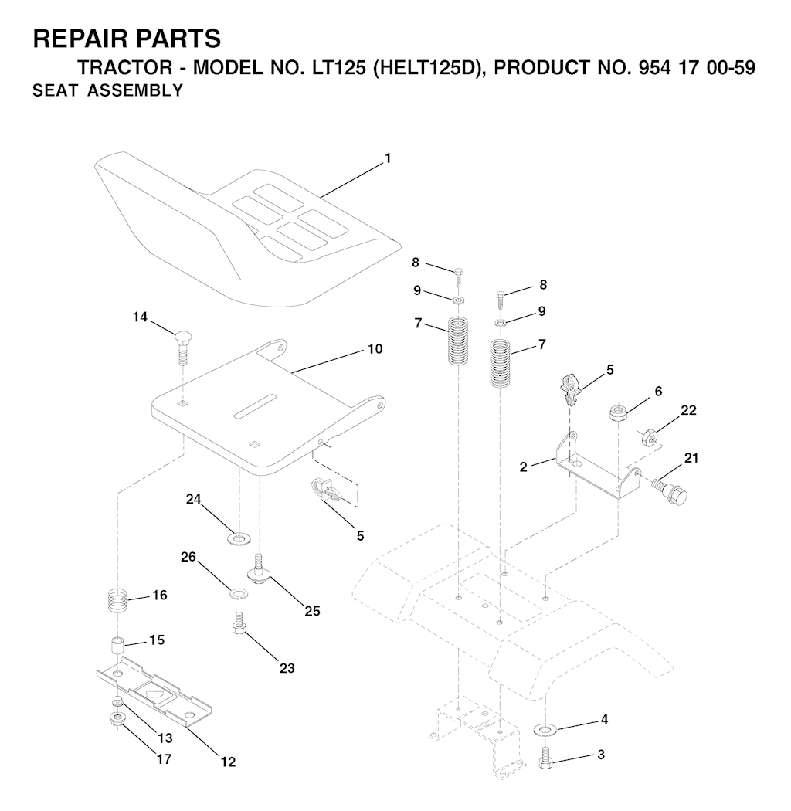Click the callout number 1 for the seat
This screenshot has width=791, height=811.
(x=388, y=158)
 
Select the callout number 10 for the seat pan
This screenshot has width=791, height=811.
(x=375, y=349)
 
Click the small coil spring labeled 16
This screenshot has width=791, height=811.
(x=119, y=602)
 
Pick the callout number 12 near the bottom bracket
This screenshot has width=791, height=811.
(x=228, y=762)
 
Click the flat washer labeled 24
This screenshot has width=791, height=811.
(x=239, y=539)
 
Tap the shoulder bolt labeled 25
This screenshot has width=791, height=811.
(x=260, y=569)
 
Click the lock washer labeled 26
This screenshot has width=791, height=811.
(x=239, y=592)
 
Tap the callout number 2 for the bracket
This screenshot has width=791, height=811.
(x=524, y=467)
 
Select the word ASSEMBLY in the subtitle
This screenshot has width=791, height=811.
(x=135, y=90)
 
